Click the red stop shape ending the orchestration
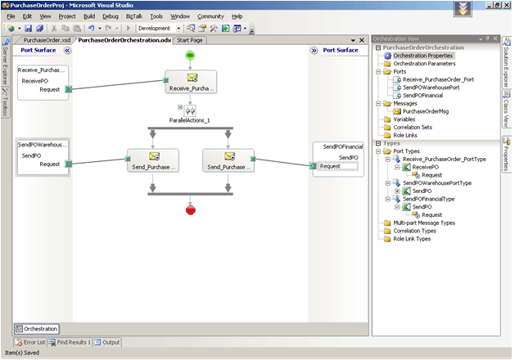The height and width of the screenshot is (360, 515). click(x=190, y=209)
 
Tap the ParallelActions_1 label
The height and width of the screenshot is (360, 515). click(x=190, y=120)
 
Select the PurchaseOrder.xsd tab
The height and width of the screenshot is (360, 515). click(x=47, y=39)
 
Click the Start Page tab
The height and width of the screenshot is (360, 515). click(x=190, y=39)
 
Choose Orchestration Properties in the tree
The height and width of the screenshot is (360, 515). click(x=422, y=56)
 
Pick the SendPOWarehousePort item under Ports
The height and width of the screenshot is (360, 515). click(x=435, y=87)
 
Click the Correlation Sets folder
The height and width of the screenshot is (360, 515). click(x=413, y=127)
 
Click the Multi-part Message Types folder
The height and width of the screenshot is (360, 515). click(x=424, y=223)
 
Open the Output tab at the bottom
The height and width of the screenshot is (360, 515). click(x=108, y=342)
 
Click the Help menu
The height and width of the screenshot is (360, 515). click(x=237, y=16)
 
